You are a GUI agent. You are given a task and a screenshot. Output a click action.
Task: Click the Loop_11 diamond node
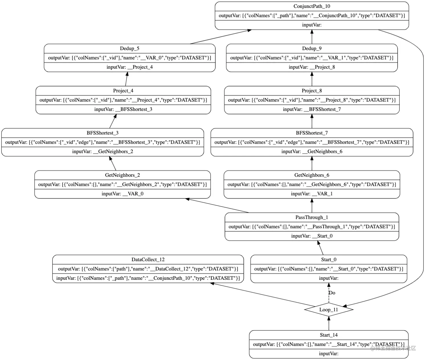tap(328, 310)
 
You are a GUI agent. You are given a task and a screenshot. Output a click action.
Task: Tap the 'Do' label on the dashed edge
tap(332, 293)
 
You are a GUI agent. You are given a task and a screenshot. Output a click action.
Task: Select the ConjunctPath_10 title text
tap(312, 6)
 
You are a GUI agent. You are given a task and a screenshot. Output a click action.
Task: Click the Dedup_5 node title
tap(129, 48)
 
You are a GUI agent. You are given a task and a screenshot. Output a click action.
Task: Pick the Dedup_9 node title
tap(312, 48)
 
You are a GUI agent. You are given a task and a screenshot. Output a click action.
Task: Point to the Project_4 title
tap(123, 90)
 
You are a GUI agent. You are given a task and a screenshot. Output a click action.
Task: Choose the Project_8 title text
tap(312, 90)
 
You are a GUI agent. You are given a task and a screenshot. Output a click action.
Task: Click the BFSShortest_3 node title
tap(103, 133)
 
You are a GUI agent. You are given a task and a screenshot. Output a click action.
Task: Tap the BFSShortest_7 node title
tap(312, 133)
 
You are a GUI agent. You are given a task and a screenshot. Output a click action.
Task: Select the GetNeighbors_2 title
tap(122, 175)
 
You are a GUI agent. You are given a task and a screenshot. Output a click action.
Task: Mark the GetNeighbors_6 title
tap(312, 175)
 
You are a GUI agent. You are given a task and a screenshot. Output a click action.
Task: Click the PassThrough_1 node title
tap(312, 217)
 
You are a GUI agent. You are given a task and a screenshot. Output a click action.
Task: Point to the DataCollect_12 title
tap(148, 260)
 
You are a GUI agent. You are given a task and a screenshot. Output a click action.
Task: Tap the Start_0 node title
tap(328, 260)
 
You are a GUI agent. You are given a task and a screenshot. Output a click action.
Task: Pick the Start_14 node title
tap(328, 335)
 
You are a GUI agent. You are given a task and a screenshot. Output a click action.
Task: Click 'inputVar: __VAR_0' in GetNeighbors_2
tap(122, 194)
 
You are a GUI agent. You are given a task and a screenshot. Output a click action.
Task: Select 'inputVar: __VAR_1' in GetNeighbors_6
tap(312, 194)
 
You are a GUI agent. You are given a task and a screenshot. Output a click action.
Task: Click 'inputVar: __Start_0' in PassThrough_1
tap(312, 236)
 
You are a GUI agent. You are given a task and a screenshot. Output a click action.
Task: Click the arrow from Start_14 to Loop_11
tap(329, 324)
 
